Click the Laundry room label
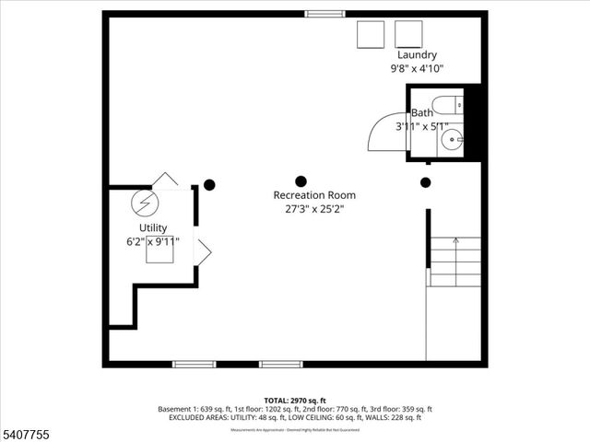[417, 54]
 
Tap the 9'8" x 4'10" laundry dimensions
[417, 67]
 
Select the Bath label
[422, 112]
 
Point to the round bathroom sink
[452, 140]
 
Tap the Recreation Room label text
[314, 195]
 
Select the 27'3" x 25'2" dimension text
[314, 208]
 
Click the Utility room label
[153, 227]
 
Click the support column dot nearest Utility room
[209, 184]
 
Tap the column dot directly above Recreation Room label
[301, 181]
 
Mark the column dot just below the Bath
[425, 182]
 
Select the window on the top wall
[321, 14]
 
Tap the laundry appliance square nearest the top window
[372, 34]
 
